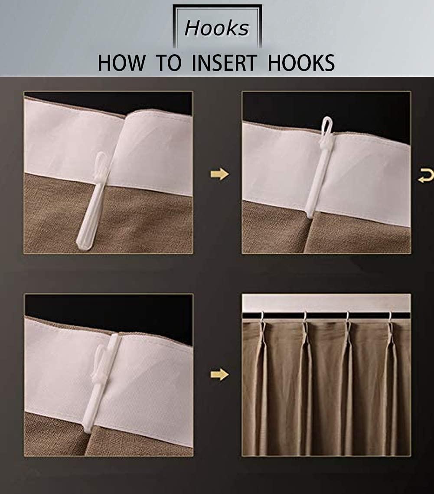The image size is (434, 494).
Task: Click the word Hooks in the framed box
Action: pyautogui.click(x=217, y=29)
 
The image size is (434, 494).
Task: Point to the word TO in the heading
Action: pyautogui.click(x=168, y=63)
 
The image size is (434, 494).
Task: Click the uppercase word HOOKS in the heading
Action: pyautogui.click(x=301, y=63)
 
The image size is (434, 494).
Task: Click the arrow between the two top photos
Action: pyautogui.click(x=219, y=174)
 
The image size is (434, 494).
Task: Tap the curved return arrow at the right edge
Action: pyautogui.click(x=425, y=176)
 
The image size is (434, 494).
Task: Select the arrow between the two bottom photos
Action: pyautogui.click(x=219, y=374)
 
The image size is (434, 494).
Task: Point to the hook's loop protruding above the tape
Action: pyautogui.click(x=326, y=126)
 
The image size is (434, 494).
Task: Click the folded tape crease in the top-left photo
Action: pyautogui.click(x=124, y=147)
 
